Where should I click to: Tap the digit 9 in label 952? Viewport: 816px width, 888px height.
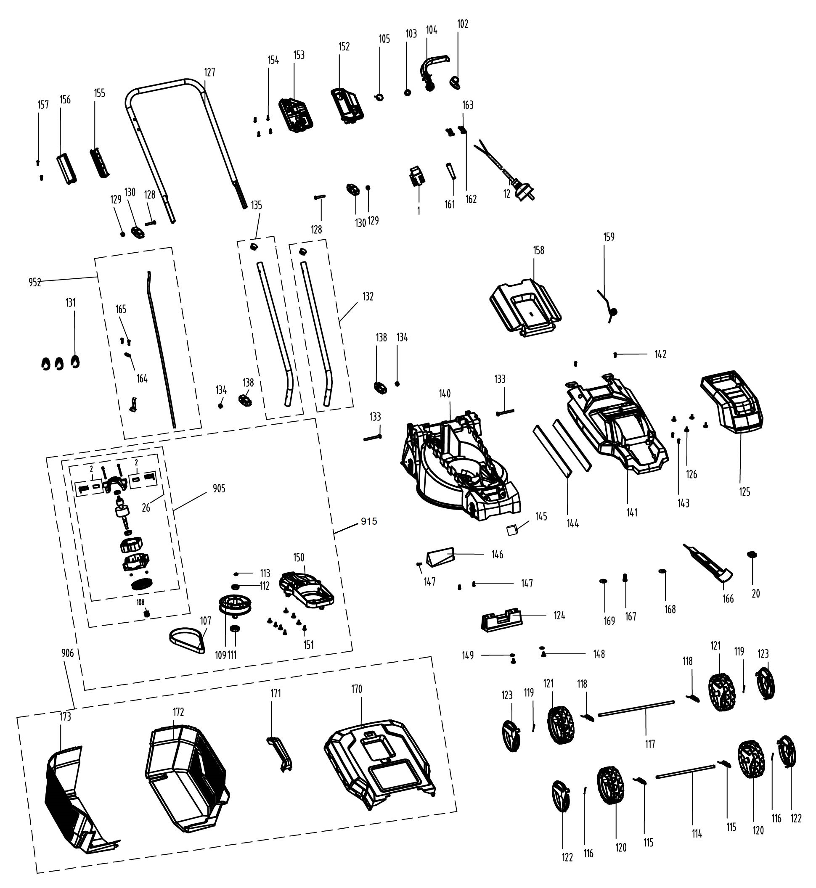point(32,283)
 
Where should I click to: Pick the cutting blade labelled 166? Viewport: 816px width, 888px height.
point(708,562)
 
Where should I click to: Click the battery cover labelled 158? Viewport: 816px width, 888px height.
point(525,309)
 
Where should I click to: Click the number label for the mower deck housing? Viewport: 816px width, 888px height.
point(445,393)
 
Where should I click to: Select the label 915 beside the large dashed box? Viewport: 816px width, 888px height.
point(369,521)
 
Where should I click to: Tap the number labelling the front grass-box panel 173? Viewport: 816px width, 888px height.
point(65,717)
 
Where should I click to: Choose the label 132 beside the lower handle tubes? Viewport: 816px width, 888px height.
point(368,296)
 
